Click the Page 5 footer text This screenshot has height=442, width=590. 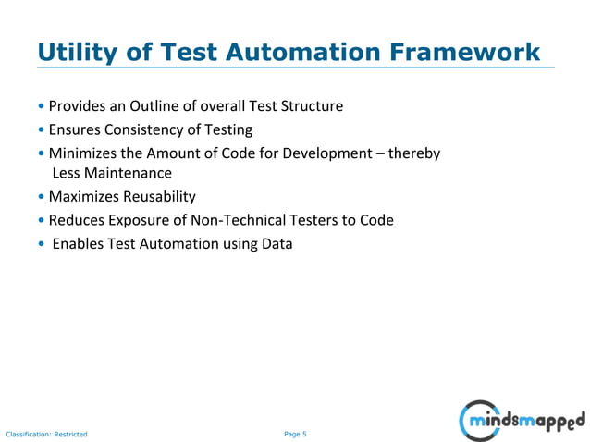295,434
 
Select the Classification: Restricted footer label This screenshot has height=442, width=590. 46,435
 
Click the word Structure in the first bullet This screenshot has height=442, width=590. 313,106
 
